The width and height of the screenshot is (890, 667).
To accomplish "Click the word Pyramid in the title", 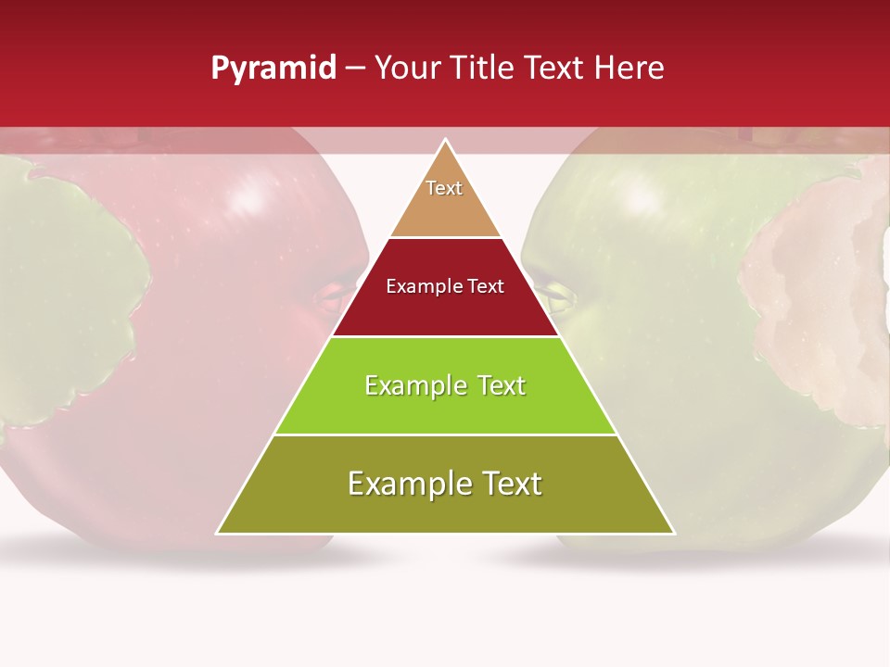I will [273, 69].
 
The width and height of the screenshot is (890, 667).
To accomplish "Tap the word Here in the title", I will [629, 69].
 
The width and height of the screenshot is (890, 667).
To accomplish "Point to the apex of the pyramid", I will [445, 140].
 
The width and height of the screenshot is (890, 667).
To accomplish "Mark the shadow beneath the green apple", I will [686, 556].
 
